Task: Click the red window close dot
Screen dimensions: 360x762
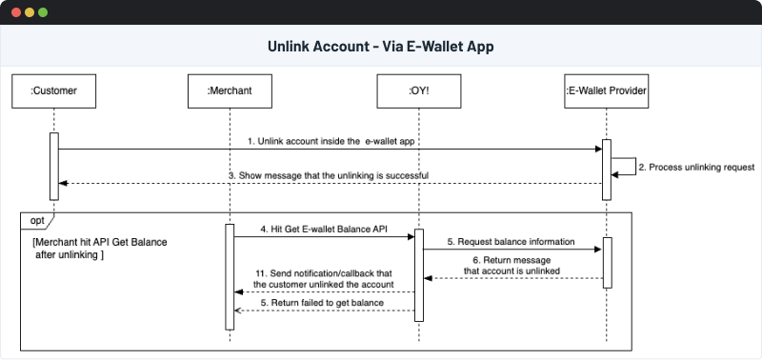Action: [14, 13]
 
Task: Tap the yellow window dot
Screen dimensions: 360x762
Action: [29, 13]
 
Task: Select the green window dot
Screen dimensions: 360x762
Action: [43, 13]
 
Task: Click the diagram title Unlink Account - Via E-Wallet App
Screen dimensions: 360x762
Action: [380, 47]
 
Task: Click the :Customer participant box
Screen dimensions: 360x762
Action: [54, 91]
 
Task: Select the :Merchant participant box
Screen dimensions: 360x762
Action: [230, 91]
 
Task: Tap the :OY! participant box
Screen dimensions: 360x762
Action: [418, 91]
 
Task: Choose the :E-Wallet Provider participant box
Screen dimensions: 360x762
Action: [606, 91]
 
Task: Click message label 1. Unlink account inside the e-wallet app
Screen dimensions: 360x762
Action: [332, 140]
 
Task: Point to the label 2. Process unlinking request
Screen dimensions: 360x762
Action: [689, 167]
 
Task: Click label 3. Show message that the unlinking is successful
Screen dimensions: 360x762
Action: [328, 175]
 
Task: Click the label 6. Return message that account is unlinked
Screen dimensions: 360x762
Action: [511, 264]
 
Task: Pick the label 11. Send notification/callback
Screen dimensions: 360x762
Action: [323, 278]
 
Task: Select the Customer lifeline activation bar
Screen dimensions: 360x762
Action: [54, 166]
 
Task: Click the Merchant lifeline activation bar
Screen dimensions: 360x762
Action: [230, 276]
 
